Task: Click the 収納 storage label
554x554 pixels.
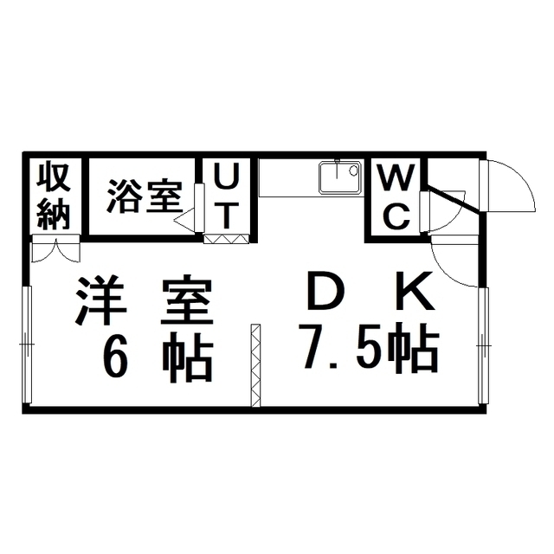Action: pos(54,196)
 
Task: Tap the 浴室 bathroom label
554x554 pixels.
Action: pos(145,196)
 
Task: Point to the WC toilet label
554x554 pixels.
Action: pos(396,196)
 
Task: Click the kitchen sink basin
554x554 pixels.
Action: pos(340,177)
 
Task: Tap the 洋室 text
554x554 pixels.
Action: pos(145,300)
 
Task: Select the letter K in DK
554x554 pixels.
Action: pos(415,292)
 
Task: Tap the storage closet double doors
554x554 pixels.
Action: pos(55,249)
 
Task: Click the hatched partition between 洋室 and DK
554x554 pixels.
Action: pos(255,365)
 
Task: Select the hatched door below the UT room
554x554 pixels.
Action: pos(227,239)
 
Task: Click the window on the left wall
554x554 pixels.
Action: pos(27,345)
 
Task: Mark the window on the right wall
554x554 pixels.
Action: pos(484,345)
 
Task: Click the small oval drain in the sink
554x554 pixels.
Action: pos(353,171)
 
